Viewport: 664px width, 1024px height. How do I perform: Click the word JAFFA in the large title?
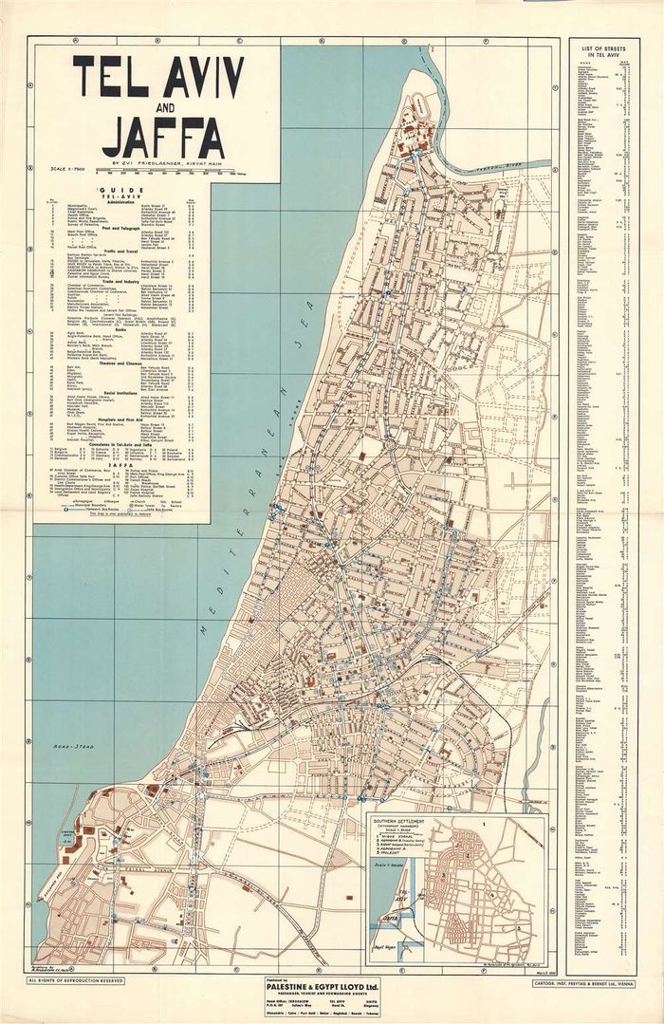163,135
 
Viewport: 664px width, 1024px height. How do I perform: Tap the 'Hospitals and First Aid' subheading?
123,421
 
